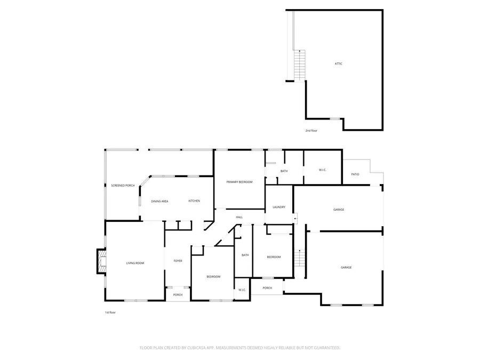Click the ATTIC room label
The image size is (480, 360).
pos(338,64)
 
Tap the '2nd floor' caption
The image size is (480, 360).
pos(311,131)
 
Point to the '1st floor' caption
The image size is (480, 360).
pos(110,313)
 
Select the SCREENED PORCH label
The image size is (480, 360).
pos(123,186)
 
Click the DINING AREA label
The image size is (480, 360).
pos(159,202)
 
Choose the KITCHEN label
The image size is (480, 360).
pos(194,201)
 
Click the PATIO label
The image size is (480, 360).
pos(355,174)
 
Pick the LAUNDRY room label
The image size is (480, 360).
pos(279,207)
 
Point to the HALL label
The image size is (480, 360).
pos(239,217)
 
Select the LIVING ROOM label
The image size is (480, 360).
pos(135,263)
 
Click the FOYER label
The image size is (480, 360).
pos(178,261)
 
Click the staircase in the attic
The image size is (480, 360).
pos(300,65)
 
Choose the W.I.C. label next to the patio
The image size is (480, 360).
pos(323,170)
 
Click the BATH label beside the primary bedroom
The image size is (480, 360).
pos(284,171)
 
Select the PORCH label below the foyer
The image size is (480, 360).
pos(178,295)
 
